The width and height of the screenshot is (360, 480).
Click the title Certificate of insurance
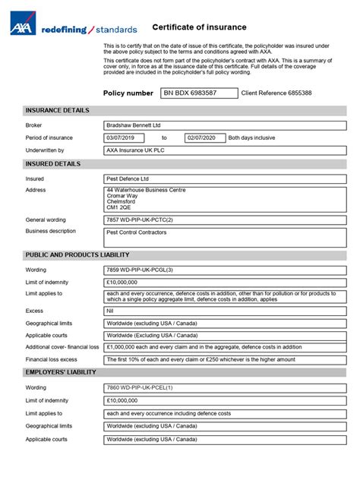click(x=199, y=27)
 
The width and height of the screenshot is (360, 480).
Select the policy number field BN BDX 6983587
click(x=198, y=93)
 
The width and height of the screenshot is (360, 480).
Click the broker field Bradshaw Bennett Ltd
click(x=225, y=125)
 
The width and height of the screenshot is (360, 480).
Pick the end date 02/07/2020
click(x=205, y=137)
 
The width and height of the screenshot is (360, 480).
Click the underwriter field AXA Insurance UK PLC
click(x=225, y=150)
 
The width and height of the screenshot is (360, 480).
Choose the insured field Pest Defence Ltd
click(x=225, y=178)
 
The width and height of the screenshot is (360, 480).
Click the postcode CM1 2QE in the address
click(x=119, y=207)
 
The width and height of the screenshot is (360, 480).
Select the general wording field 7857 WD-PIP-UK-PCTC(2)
click(x=225, y=219)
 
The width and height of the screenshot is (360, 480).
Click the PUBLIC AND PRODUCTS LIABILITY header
click(x=77, y=254)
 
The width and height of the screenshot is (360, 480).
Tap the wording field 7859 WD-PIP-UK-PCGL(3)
click(x=225, y=269)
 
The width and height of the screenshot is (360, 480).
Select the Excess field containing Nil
click(x=225, y=311)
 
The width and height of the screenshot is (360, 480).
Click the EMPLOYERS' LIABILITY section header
click(x=61, y=372)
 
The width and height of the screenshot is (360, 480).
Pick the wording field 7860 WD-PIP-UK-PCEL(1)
click(x=225, y=387)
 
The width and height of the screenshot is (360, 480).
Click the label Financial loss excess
click(x=52, y=359)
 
